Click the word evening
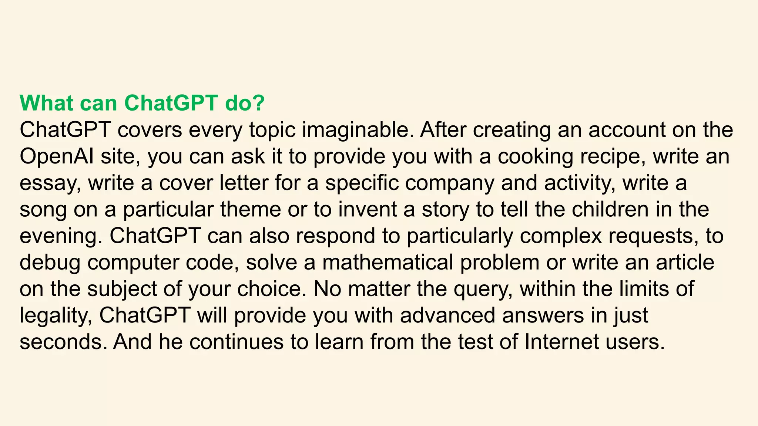pyautogui.click(x=60, y=236)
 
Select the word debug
pyautogui.click(x=50, y=263)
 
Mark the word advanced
pyautogui.click(x=447, y=315)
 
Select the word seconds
pyautogui.click(x=61, y=342)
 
